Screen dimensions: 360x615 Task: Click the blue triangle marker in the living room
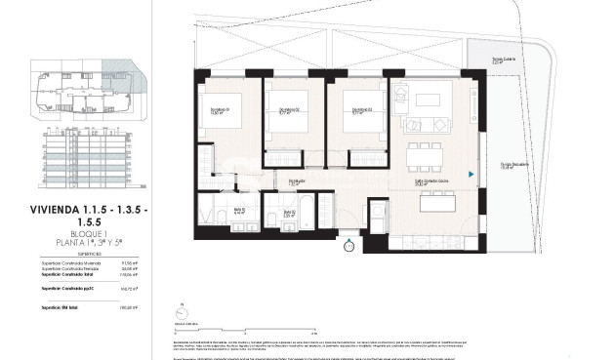point(471,175)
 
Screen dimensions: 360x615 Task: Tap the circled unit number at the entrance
point(350,246)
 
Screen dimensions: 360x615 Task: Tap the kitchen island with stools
point(430,200)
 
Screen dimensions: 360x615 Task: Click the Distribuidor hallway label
point(297,182)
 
